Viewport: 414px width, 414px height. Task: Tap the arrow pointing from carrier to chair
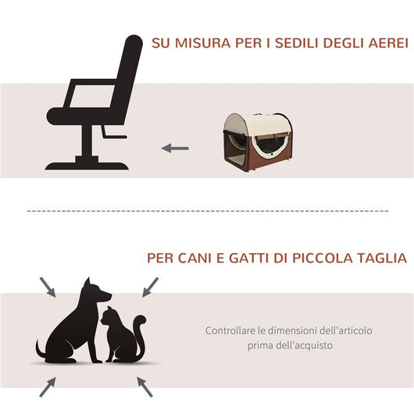[175, 147]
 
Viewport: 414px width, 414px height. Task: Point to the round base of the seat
[86, 165]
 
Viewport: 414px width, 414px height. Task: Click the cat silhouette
[121, 336]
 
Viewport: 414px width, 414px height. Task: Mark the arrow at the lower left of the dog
[48, 384]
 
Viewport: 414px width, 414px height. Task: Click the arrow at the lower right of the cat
[145, 384]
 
